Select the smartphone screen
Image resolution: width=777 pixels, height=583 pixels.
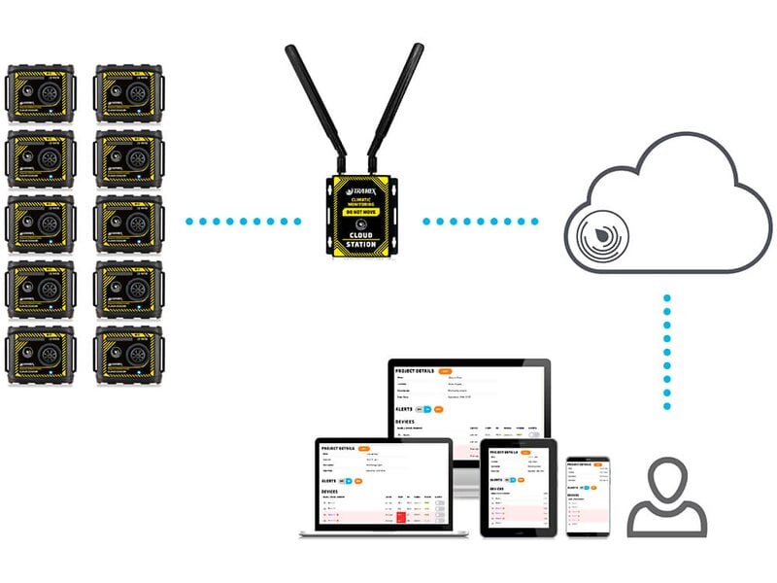(588, 494)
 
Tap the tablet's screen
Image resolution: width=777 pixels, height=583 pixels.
(519, 488)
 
